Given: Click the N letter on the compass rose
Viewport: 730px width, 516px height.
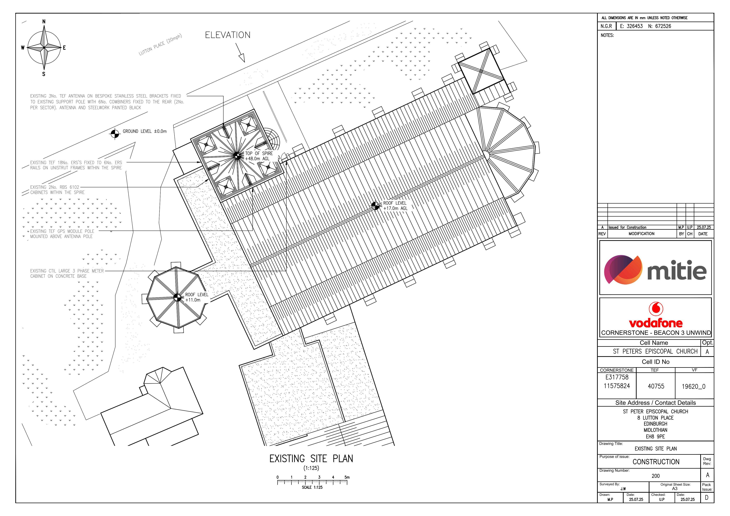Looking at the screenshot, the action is [44, 21].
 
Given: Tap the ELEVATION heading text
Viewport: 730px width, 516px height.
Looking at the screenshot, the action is [228, 35].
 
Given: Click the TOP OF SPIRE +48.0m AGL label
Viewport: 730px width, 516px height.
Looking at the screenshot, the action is [259, 156].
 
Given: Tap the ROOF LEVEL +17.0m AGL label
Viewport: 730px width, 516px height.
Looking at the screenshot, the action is [395, 206].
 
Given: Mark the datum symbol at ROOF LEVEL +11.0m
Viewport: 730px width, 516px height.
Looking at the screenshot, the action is [177, 297].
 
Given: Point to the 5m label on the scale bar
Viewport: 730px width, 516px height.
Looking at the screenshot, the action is [347, 477].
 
